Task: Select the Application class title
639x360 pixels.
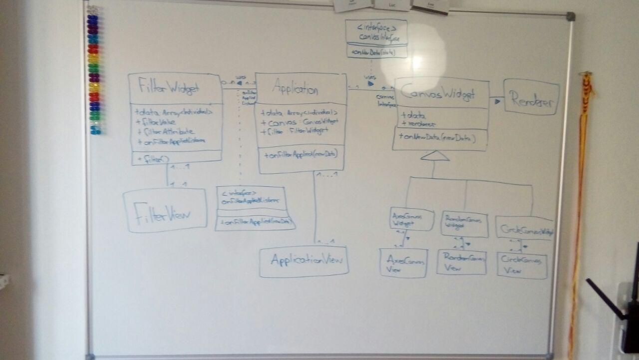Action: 295,90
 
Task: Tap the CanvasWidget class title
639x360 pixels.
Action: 438,94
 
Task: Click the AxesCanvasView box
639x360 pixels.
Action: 403,263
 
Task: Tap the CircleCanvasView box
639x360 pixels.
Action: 522,265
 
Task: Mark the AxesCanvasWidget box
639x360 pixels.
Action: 411,220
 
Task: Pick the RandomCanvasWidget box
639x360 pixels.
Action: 464,224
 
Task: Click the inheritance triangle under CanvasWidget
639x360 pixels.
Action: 435,156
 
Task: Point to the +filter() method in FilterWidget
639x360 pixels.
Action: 150,158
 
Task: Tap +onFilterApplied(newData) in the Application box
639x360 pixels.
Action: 298,155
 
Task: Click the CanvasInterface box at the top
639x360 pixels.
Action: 376,38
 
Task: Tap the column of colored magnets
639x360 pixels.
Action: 93,70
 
